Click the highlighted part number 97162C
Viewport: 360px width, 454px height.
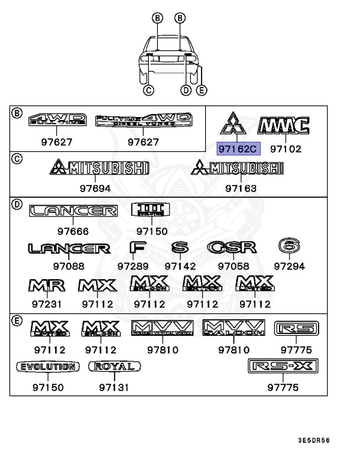click(238, 149)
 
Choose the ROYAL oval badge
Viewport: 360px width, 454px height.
click(115, 367)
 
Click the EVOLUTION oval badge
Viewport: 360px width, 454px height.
click(47, 367)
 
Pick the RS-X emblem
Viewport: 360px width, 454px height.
click(283, 367)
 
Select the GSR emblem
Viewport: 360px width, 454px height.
click(232, 247)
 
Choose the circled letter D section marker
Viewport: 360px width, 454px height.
click(17, 205)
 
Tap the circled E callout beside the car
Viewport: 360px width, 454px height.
click(202, 90)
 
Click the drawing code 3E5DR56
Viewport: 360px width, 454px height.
click(313, 440)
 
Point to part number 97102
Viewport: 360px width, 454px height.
click(286, 149)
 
